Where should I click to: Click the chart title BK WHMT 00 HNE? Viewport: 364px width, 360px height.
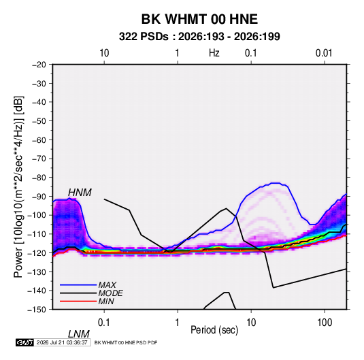point(199,19)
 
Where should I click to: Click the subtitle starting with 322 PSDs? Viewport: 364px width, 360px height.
point(199,37)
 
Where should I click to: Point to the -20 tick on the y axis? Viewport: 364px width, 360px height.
point(39,65)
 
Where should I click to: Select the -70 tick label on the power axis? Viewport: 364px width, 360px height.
point(39,159)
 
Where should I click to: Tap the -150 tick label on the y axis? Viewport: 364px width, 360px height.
point(37,310)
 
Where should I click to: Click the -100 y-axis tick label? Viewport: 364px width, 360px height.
point(37,215)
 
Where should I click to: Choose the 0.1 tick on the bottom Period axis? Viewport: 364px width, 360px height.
point(104,323)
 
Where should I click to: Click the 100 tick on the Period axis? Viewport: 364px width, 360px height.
point(325,323)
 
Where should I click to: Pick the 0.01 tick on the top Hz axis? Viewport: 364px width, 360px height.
point(324,53)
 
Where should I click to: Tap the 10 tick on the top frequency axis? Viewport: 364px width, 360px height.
point(104,53)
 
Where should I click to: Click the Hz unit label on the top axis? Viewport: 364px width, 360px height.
point(214,53)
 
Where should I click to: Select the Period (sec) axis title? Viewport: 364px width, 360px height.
point(214,330)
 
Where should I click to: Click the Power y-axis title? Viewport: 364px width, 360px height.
point(18,187)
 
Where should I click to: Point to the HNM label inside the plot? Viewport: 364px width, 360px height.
point(80,193)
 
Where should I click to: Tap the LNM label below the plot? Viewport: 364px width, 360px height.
point(79,334)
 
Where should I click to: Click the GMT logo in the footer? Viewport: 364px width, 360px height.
point(24,342)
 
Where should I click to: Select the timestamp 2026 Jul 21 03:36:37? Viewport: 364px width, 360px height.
point(62,342)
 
